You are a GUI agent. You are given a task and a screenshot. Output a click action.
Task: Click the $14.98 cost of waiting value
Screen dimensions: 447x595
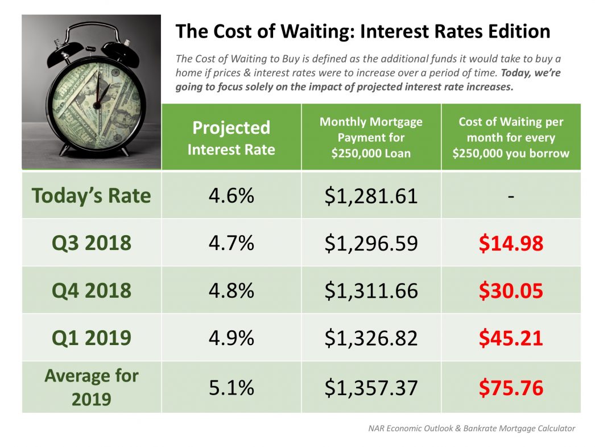(x=511, y=243)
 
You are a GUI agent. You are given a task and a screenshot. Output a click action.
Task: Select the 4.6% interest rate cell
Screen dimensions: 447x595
(x=231, y=195)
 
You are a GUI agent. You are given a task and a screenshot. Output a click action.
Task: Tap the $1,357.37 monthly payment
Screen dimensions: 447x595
(x=371, y=388)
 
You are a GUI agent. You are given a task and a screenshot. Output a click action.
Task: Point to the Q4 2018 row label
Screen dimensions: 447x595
(x=92, y=291)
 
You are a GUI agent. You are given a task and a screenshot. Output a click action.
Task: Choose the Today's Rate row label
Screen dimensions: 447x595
(x=92, y=195)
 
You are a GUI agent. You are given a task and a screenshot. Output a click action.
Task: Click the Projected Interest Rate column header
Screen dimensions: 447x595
(x=231, y=138)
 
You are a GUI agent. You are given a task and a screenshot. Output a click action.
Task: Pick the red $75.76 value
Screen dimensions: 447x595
(x=511, y=388)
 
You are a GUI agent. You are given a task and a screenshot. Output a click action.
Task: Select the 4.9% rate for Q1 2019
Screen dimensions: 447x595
(x=231, y=338)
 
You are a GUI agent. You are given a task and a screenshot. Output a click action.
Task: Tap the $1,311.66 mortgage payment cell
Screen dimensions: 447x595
(x=371, y=291)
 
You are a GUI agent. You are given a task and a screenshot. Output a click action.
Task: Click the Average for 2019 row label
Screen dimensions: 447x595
(x=92, y=387)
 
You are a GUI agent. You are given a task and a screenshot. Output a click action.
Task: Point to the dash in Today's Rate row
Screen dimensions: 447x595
(x=511, y=196)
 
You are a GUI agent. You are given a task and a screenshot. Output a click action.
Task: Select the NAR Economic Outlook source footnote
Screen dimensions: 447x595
(x=472, y=428)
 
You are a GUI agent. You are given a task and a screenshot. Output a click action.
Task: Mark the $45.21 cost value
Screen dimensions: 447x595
(x=511, y=338)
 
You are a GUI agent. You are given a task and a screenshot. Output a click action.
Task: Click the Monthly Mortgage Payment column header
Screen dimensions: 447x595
(x=371, y=137)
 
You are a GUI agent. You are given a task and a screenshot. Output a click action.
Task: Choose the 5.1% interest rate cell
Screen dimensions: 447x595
(x=231, y=388)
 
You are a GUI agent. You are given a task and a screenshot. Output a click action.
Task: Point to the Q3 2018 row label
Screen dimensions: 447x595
(x=92, y=243)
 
